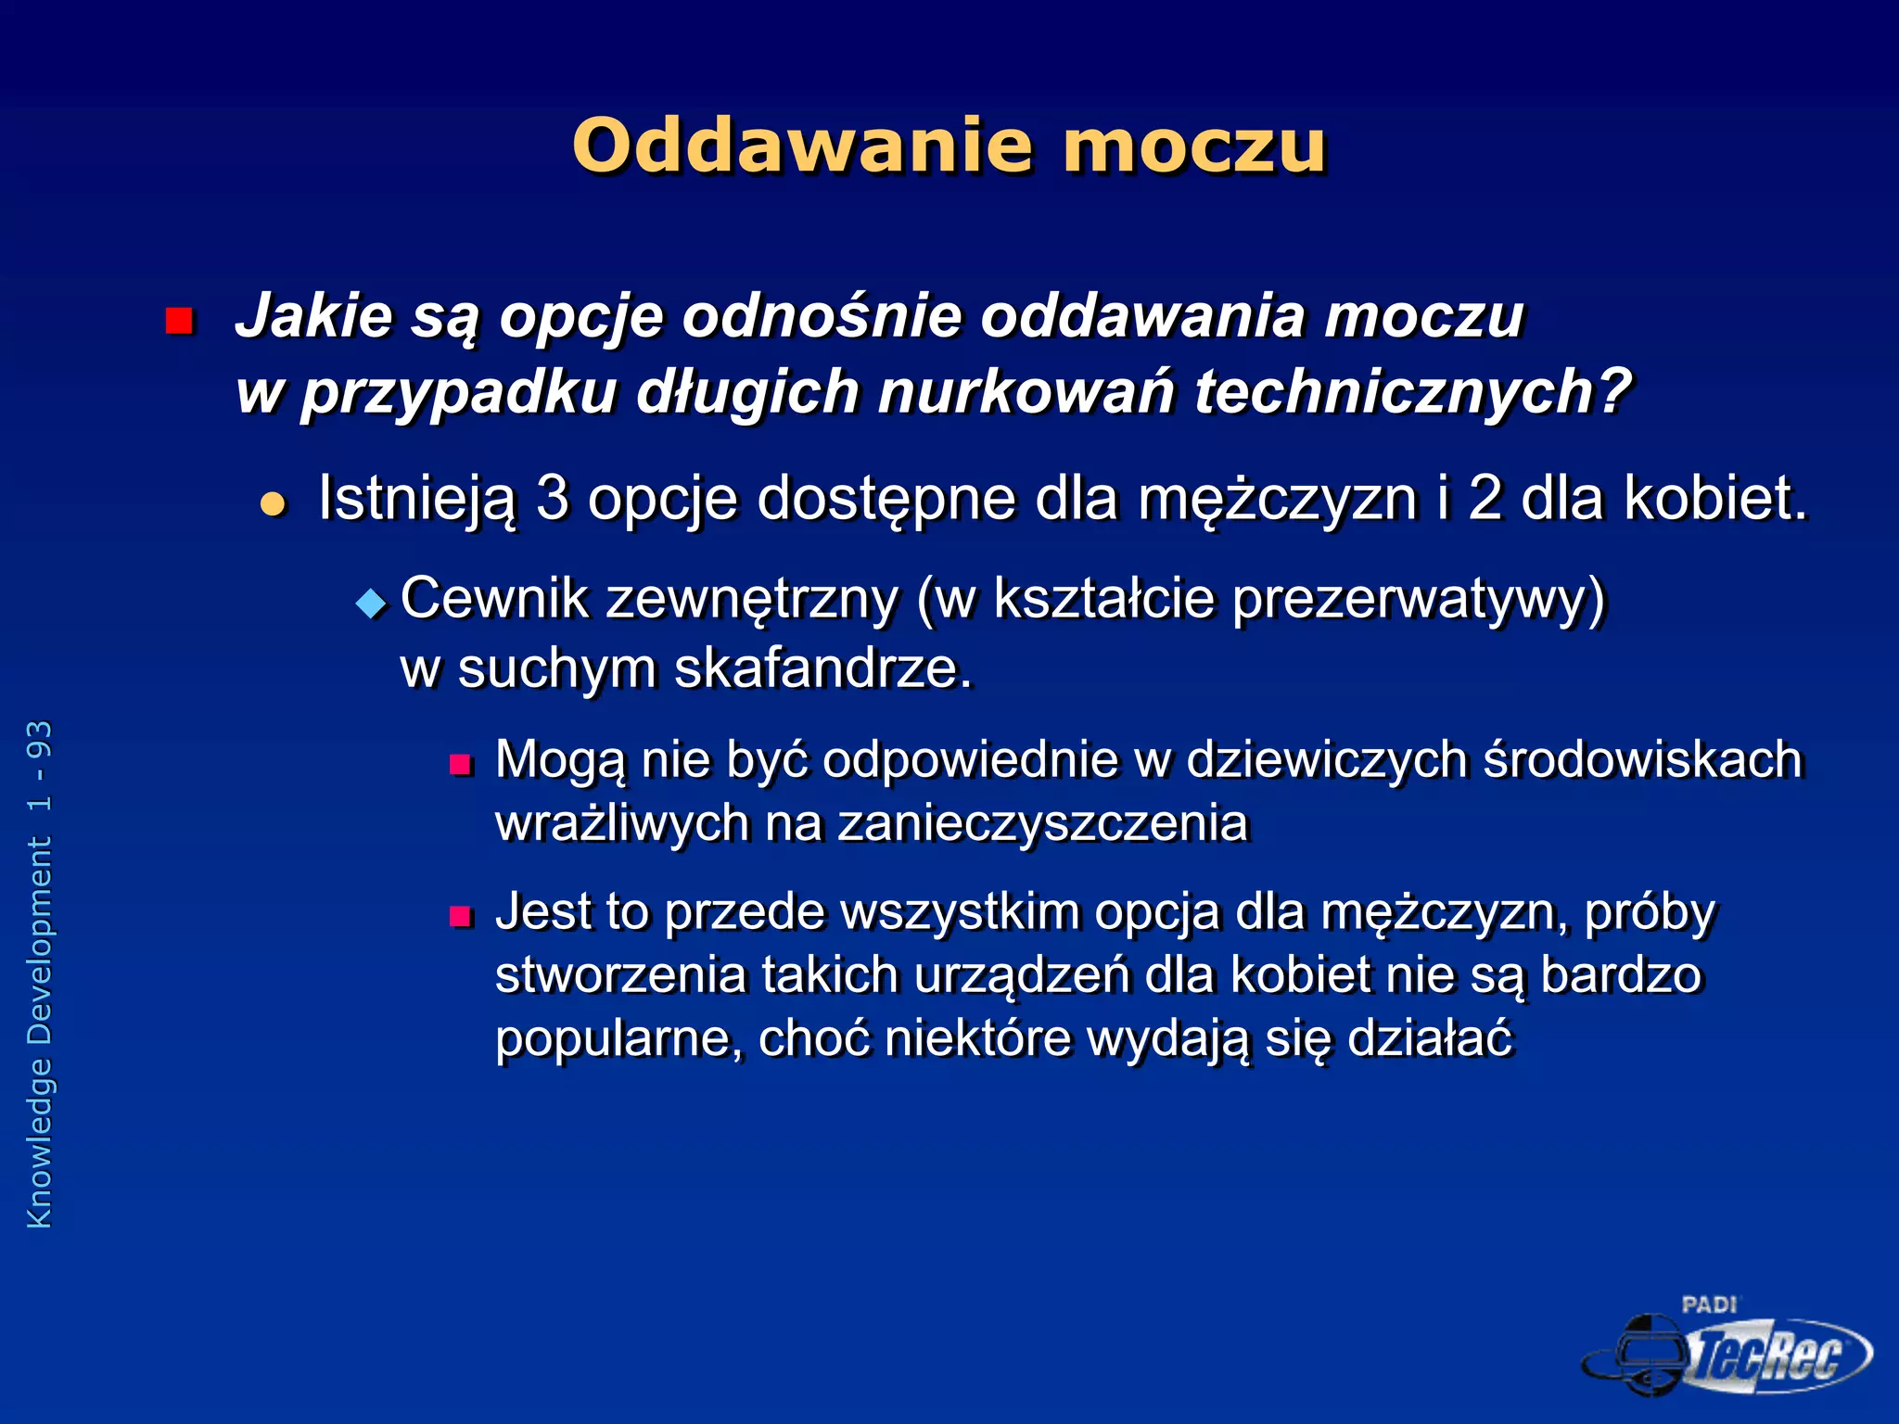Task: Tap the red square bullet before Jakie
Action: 178,321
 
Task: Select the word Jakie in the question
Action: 314,316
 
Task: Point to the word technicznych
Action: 1410,392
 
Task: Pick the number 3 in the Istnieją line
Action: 552,498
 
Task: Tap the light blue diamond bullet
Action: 371,604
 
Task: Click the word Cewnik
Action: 494,598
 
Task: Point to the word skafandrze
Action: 822,668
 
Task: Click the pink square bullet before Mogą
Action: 461,765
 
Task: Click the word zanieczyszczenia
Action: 1043,823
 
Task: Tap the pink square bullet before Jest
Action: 461,917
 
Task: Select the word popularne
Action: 618,1038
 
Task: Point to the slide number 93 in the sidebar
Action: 40,738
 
